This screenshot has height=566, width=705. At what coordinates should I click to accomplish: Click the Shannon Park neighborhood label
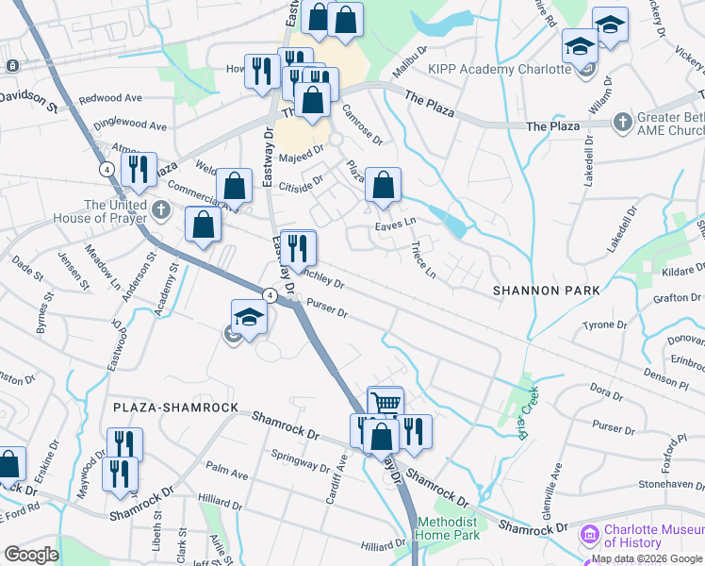pos(546,291)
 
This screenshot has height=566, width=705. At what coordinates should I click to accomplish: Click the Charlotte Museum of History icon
pos(590,536)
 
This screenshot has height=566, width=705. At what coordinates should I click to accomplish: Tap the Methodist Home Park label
pos(448,528)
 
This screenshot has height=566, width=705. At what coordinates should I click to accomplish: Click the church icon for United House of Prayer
pos(161,208)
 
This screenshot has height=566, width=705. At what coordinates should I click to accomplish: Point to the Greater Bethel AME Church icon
pos(622,122)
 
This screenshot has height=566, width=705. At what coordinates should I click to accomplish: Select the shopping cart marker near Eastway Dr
pos(385,403)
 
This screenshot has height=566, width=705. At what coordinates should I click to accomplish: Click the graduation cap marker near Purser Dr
pos(249,317)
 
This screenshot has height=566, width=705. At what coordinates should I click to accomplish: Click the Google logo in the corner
pos(30,555)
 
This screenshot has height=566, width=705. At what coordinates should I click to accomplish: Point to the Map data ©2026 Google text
pos(648,558)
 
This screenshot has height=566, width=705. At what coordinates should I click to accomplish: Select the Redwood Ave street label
pos(110,98)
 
